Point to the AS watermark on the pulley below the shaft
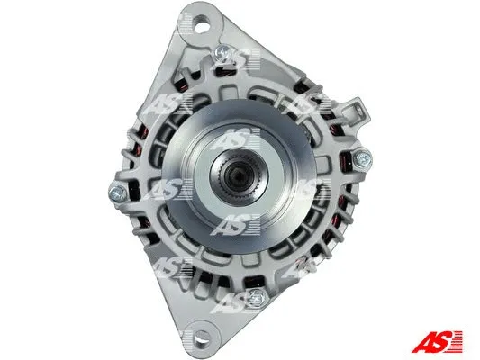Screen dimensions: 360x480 [x=232, y=222]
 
